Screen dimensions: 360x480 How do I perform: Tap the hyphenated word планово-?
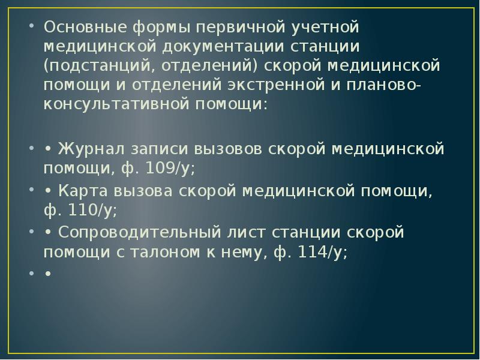click(x=384, y=85)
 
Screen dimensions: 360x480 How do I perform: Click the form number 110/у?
click(x=89, y=211)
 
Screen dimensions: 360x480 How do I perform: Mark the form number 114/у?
click(x=320, y=253)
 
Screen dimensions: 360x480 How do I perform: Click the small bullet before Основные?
click(x=31, y=27)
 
